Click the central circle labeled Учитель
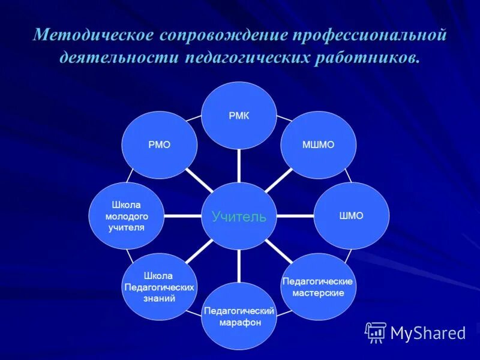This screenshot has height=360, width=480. coord(239,216)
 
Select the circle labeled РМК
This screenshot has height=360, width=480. coord(239,116)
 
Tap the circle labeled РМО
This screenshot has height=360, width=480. coord(159,145)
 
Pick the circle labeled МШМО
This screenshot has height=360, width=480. coord(319,145)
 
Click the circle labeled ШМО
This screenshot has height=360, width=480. coord(352,216)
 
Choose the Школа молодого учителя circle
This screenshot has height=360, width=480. coord(126,216)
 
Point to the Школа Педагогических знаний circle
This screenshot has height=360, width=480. coord(159,286)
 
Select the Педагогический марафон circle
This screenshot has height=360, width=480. coord(239,316)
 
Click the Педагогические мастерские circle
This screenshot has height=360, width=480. coord(318,286)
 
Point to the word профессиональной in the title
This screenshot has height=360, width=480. coord(370,35)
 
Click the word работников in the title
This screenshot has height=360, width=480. coord(367,58)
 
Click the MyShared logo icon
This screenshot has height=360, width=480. coord(376,332)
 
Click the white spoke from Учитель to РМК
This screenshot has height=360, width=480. coord(239,166)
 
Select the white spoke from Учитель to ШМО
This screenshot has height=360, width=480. coord(296,215)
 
